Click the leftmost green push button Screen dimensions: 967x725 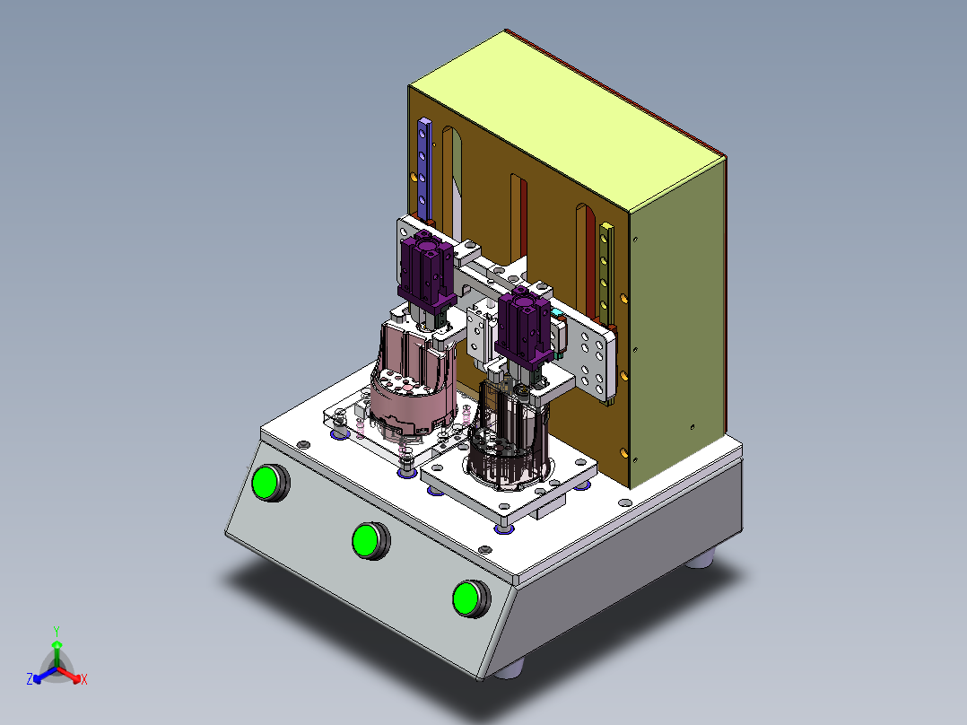click(269, 483)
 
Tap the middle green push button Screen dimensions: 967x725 click(370, 540)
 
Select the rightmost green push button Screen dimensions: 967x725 click(471, 598)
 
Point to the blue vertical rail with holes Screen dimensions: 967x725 click(424, 169)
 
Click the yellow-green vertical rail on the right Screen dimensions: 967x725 click(606, 274)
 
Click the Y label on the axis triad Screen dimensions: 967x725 click(57, 631)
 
